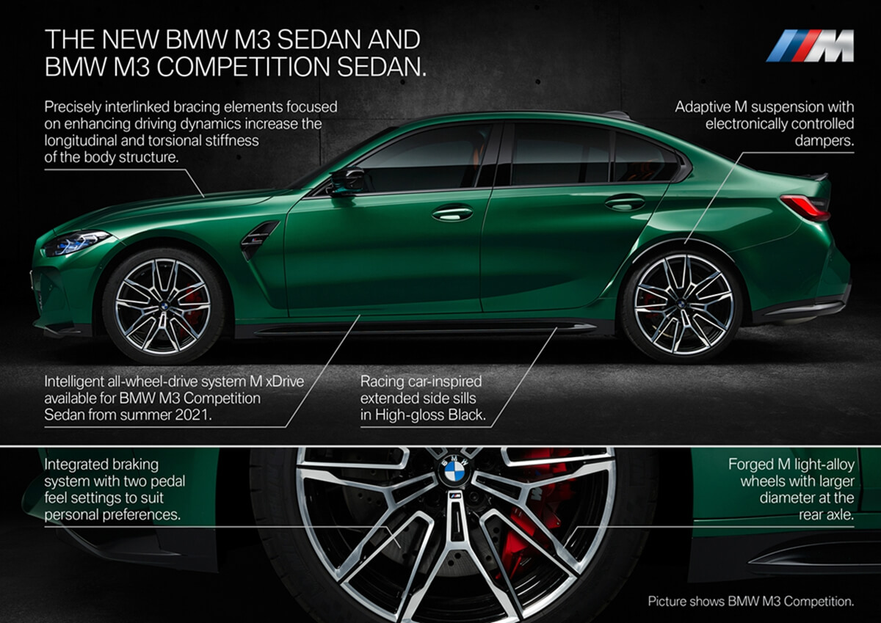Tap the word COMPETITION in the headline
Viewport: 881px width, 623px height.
pos(243,67)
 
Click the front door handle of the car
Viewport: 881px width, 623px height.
pos(452,214)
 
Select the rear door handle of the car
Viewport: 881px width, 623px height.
pos(625,203)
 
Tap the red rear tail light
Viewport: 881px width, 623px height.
pos(805,207)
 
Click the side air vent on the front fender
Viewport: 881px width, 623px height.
pos(258,239)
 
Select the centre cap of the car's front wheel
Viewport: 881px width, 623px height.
pos(164,306)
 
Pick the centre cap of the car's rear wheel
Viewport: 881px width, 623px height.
pos(681,303)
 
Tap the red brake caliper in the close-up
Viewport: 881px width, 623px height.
pos(527,522)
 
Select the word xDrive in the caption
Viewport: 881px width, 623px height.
pos(285,382)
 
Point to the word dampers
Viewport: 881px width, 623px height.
pos(824,141)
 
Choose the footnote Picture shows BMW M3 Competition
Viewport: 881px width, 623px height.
pos(751,602)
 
